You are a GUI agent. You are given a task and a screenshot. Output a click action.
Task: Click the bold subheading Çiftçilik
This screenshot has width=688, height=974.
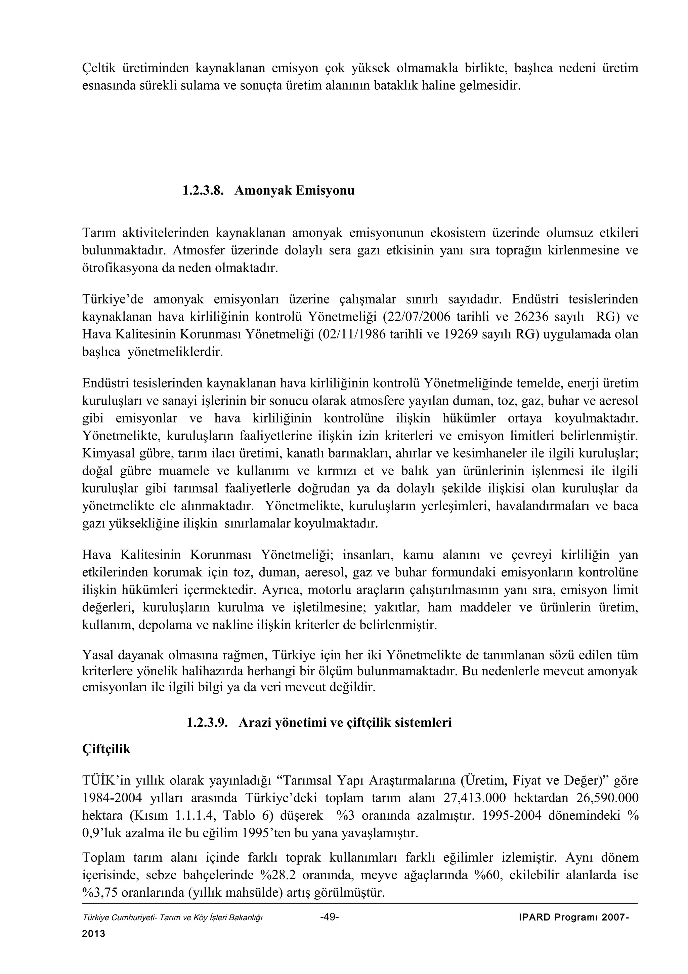(106, 749)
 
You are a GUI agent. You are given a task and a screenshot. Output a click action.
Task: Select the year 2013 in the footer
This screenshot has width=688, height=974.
(93, 934)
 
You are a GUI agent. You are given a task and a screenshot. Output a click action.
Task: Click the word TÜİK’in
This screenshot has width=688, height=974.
(106, 780)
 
